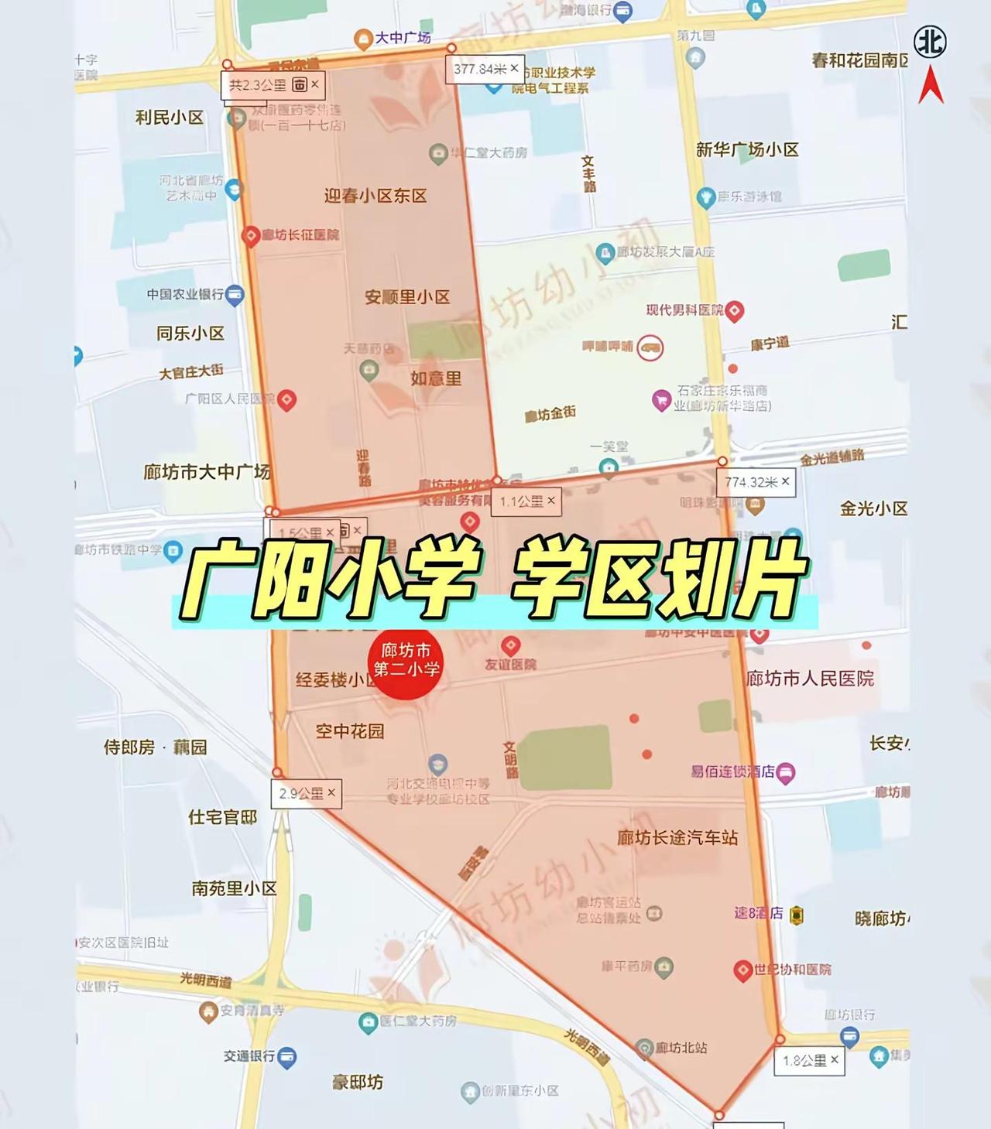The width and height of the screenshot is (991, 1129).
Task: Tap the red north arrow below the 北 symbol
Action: point(931,84)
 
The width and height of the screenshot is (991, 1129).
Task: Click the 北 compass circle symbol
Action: point(930,42)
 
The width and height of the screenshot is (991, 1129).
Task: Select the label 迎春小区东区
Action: point(375,196)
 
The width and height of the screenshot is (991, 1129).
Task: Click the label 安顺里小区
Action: point(407,297)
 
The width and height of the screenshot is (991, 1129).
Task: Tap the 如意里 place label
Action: point(436,378)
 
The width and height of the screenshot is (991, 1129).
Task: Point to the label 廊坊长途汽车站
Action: point(677,837)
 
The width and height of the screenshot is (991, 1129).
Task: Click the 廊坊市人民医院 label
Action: point(810,679)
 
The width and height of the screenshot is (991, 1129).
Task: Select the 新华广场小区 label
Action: point(746,150)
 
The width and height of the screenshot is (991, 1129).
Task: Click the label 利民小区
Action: point(170,118)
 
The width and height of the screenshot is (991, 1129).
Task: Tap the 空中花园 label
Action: point(350,731)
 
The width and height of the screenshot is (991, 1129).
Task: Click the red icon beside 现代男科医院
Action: point(735,311)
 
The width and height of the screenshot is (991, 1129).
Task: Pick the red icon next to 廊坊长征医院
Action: point(251,236)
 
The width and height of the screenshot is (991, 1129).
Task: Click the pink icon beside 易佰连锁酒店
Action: point(786,772)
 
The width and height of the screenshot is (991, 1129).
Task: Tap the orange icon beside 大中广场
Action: point(363,38)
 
